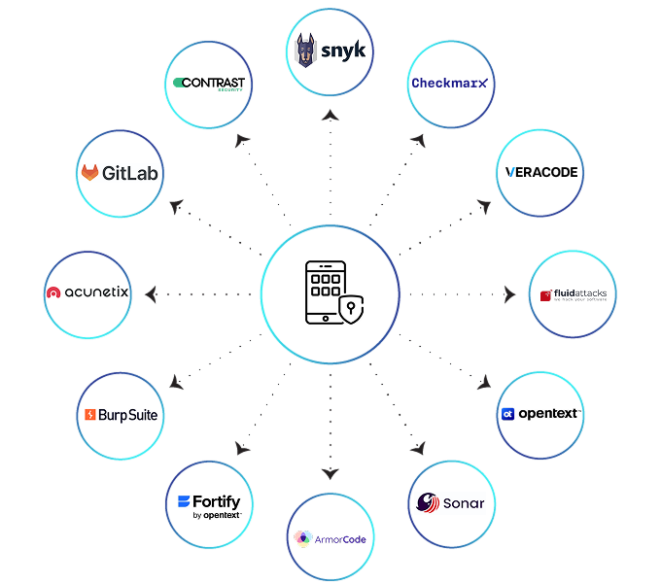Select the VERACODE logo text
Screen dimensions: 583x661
(541, 172)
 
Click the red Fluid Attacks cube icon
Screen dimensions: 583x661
(547, 294)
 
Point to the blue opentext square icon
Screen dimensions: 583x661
(507, 414)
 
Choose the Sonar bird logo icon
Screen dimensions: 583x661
(428, 502)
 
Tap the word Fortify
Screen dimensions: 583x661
(216, 501)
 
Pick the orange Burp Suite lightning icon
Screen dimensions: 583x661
(90, 415)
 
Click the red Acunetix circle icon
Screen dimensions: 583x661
(54, 292)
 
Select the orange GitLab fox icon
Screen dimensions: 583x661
(90, 173)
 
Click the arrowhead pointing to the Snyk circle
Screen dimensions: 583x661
(330, 115)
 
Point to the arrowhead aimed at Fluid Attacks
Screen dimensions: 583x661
(509, 293)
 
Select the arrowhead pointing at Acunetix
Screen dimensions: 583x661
(151, 292)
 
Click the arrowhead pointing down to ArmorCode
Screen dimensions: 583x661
(330, 473)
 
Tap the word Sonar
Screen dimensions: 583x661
(463, 503)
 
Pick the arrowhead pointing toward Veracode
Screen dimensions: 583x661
(484, 205)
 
